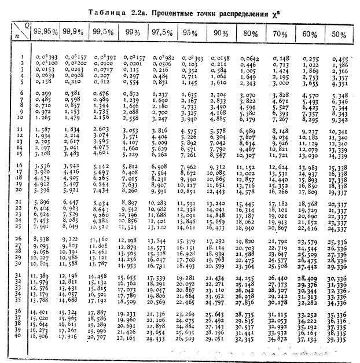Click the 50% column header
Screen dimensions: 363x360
339,34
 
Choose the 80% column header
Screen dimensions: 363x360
250,34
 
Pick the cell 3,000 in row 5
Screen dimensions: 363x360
280,82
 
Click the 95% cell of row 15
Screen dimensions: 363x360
190,155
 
